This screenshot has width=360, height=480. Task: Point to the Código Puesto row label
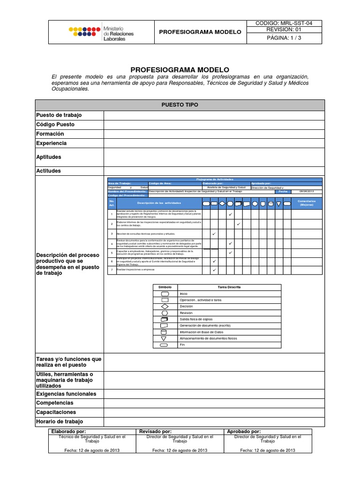(x=55, y=125)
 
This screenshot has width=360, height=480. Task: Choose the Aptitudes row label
(x=49, y=157)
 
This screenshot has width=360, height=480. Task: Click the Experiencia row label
(x=52, y=143)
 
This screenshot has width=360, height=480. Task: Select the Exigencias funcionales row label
(x=66, y=394)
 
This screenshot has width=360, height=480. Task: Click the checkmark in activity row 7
(x=214, y=270)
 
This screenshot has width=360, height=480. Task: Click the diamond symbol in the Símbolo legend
(x=165, y=306)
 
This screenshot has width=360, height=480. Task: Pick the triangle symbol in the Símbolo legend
(x=165, y=338)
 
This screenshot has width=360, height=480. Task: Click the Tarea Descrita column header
(x=229, y=287)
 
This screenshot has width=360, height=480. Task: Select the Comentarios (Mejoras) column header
(x=307, y=203)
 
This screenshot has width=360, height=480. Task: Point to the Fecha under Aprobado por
(x=268, y=450)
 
